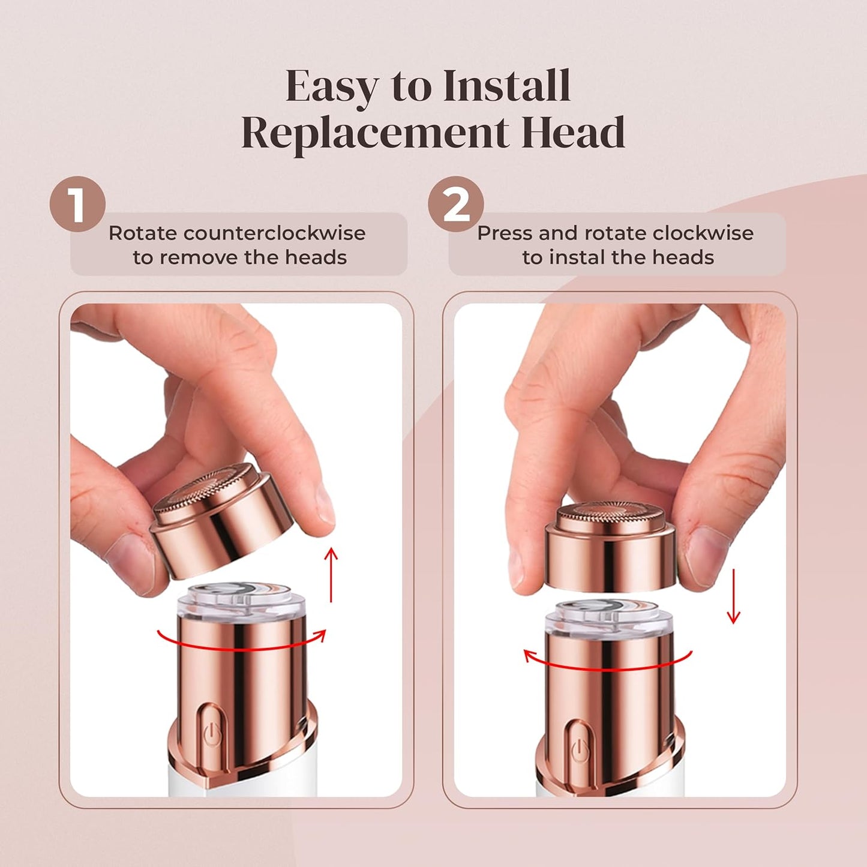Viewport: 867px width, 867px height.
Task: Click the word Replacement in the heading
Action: click(x=374, y=133)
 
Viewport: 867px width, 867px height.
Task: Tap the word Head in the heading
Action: click(x=573, y=133)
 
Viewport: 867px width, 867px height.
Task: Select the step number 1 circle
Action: click(x=77, y=205)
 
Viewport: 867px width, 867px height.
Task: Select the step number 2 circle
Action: click(x=455, y=205)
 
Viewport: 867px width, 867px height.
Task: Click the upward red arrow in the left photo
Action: click(x=331, y=573)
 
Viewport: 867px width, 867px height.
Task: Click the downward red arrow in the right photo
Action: click(x=733, y=598)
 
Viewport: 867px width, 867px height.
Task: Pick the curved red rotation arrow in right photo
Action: click(x=606, y=660)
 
